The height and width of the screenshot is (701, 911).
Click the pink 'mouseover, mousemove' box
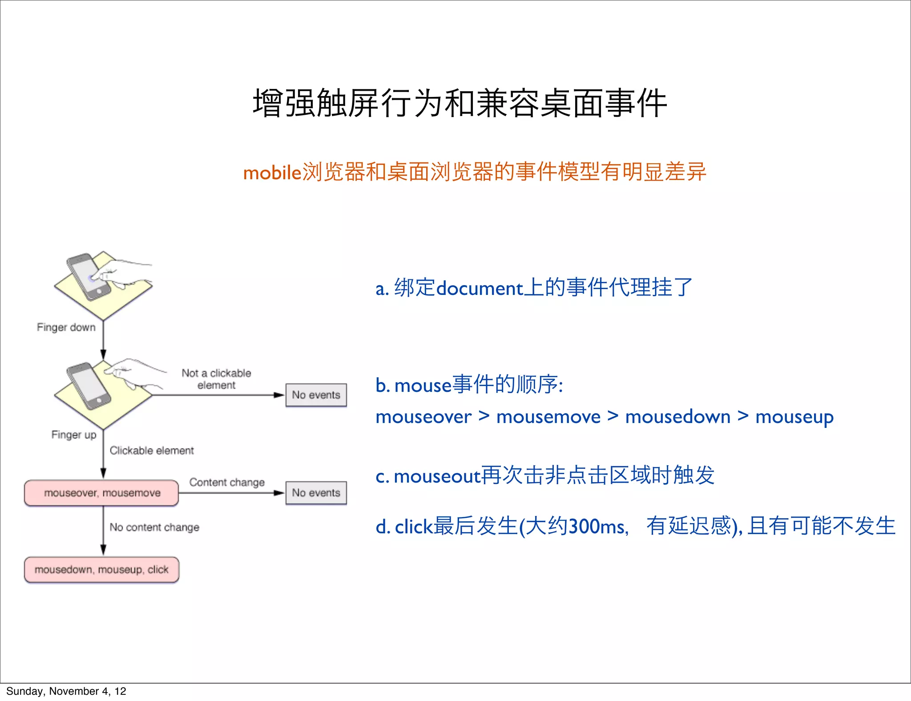click(102, 493)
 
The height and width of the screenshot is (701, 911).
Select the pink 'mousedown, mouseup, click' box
click(102, 570)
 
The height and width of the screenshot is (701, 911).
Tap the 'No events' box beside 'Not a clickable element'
click(316, 395)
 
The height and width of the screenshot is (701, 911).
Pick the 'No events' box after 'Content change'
click(316, 493)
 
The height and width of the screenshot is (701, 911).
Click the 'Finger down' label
click(66, 327)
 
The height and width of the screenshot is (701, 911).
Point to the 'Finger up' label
click(74, 435)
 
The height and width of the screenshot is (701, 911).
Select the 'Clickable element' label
click(152, 451)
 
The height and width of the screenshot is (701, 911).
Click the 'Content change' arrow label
click(227, 482)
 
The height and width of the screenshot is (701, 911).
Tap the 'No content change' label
click(154, 527)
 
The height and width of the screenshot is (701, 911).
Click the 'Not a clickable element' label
click(216, 379)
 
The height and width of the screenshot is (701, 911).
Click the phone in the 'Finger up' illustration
click(88, 385)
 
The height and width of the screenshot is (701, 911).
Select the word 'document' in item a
click(480, 288)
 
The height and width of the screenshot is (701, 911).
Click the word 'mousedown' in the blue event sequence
click(678, 417)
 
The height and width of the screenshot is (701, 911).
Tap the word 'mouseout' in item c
click(437, 476)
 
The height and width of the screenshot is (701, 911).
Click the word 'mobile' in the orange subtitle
click(272, 173)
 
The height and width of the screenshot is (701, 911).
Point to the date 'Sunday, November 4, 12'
click(66, 691)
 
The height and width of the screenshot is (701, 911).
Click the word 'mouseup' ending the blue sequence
click(794, 417)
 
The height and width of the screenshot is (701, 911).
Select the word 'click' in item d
click(414, 527)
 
